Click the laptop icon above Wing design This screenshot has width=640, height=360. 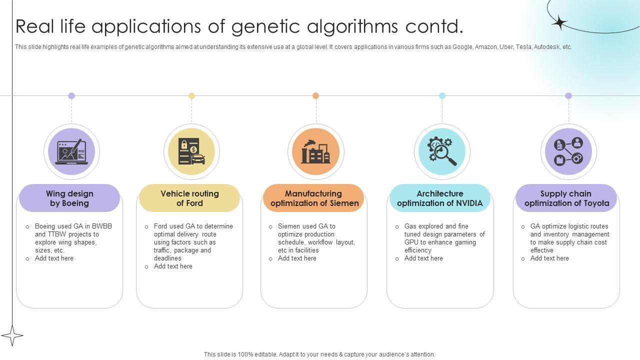pyautogui.click(x=71, y=152)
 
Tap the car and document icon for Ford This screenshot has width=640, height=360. pyautogui.click(x=191, y=152)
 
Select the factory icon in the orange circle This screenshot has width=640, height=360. pyautogui.click(x=315, y=152)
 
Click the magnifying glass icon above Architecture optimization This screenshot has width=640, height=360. pyautogui.click(x=442, y=152)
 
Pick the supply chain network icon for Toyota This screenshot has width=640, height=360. pyautogui.click(x=568, y=152)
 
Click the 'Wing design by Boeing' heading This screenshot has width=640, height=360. pyautogui.click(x=69, y=198)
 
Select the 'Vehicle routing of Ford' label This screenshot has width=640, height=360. pyautogui.click(x=189, y=198)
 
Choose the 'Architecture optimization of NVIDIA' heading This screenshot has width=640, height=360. pyautogui.click(x=440, y=198)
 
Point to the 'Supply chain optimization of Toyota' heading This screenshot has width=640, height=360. pyautogui.click(x=566, y=198)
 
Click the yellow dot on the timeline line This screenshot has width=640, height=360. pyautogui.click(x=191, y=95)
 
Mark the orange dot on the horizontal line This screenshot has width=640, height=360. pyautogui.click(x=315, y=95)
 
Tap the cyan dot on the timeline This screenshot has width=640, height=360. pyautogui.click(x=442, y=95)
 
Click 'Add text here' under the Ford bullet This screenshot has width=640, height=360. pyautogui.click(x=173, y=266)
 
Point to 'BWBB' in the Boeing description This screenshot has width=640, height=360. pyautogui.click(x=102, y=226)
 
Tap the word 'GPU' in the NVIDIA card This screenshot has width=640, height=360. pyautogui.click(x=411, y=242)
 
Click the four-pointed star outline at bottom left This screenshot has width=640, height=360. pyautogui.click(x=12, y=335)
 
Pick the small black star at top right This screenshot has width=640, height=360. pyautogui.click(x=560, y=22)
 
